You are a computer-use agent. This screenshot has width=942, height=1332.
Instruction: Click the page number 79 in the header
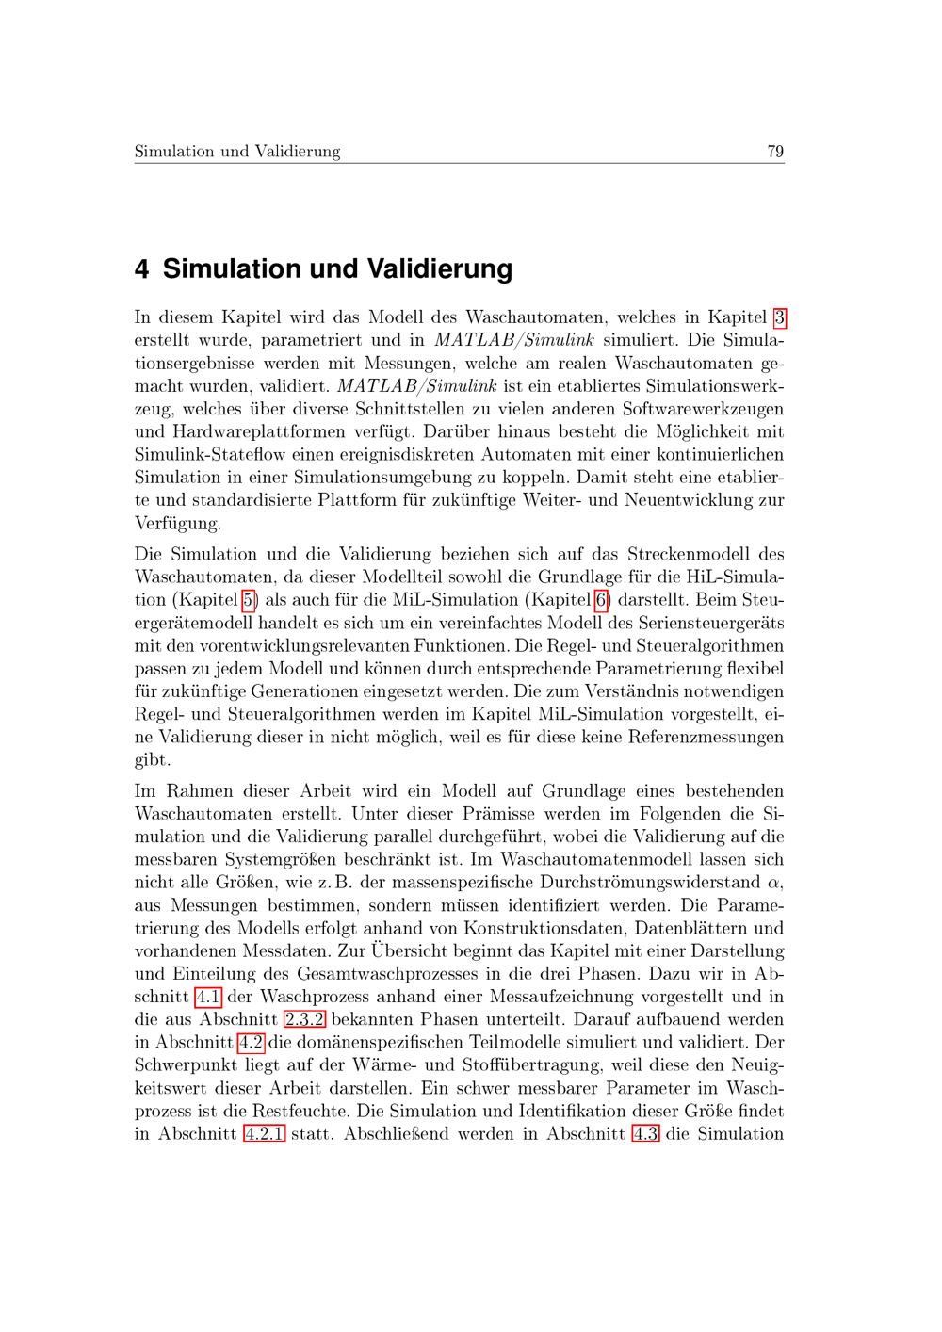(775, 152)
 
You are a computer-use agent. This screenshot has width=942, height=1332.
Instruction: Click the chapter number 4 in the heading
(142, 269)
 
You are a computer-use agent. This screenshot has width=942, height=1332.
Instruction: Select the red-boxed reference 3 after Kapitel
(779, 318)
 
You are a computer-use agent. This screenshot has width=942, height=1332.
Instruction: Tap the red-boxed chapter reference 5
(250, 600)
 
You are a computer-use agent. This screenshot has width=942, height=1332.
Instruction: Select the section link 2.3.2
(304, 1019)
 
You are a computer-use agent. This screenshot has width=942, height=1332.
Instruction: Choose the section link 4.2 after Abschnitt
(252, 1042)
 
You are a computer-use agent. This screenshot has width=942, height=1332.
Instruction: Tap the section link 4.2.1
(264, 1133)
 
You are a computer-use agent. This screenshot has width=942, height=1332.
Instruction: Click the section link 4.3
(645, 1133)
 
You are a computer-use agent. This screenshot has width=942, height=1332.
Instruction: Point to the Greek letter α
(775, 883)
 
